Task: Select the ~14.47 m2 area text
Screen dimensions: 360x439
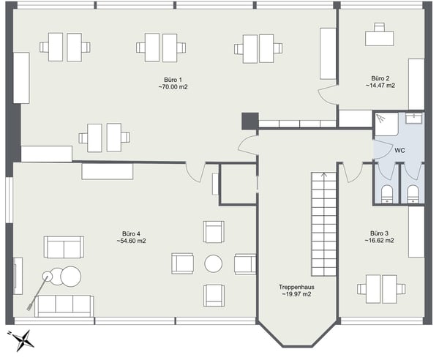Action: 380,86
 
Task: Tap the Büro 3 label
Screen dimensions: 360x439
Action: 380,232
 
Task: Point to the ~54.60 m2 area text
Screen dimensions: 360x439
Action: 131,241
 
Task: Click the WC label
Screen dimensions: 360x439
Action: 399,150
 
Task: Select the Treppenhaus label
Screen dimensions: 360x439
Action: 296,287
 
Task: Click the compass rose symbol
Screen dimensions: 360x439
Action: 26,340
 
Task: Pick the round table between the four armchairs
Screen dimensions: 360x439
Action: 214,263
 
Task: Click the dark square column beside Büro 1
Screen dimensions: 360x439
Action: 249,121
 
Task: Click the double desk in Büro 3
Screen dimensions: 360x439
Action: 381,288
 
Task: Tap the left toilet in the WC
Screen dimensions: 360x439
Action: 388,193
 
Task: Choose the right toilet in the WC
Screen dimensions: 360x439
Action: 413,193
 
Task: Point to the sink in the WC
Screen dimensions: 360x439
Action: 414,119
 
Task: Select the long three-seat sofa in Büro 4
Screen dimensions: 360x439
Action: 64,305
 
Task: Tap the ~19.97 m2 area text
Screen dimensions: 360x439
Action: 296,295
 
